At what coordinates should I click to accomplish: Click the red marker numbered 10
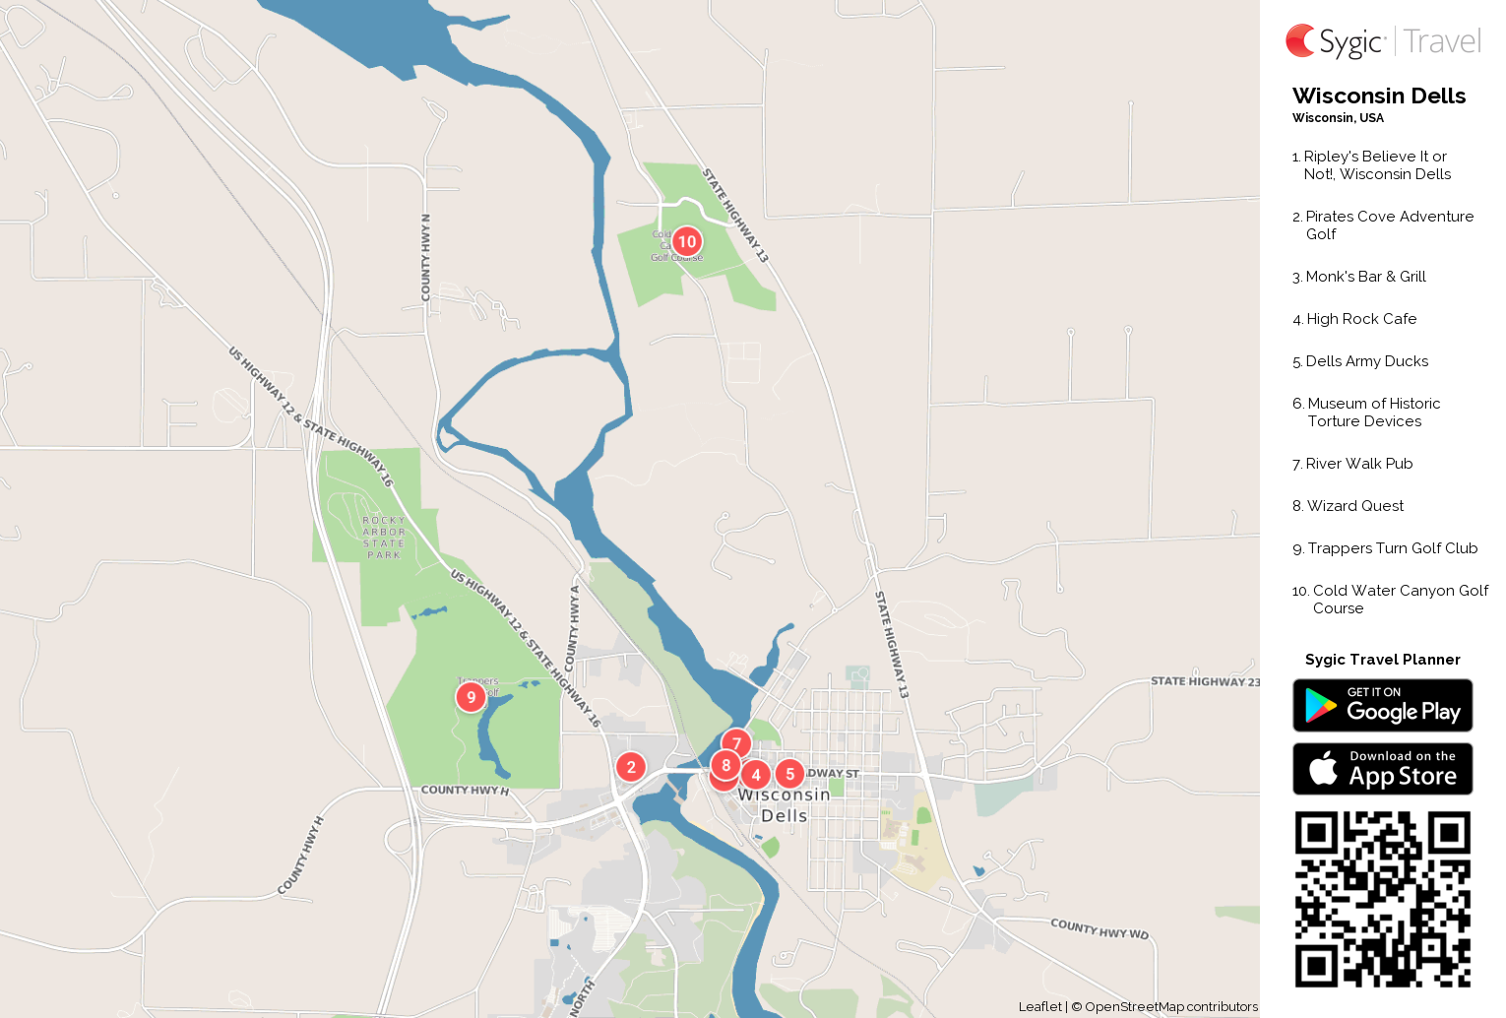(687, 241)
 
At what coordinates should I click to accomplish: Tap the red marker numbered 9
(471, 697)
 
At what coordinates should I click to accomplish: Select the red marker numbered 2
(631, 767)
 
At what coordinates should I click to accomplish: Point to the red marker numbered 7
(736, 743)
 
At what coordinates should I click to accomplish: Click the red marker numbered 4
(756, 775)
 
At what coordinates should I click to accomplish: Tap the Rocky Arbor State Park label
(384, 538)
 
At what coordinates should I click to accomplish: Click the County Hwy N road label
(426, 257)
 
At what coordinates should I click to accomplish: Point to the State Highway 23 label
(1205, 681)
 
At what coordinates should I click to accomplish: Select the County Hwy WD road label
(1099, 928)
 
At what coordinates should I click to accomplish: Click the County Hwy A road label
(574, 628)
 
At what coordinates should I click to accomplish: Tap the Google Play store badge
(1382, 706)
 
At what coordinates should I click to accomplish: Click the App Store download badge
(1382, 769)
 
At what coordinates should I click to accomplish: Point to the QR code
(1382, 899)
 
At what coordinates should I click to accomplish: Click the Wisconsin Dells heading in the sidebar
(1378, 95)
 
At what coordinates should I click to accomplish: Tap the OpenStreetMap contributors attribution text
(1170, 1006)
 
